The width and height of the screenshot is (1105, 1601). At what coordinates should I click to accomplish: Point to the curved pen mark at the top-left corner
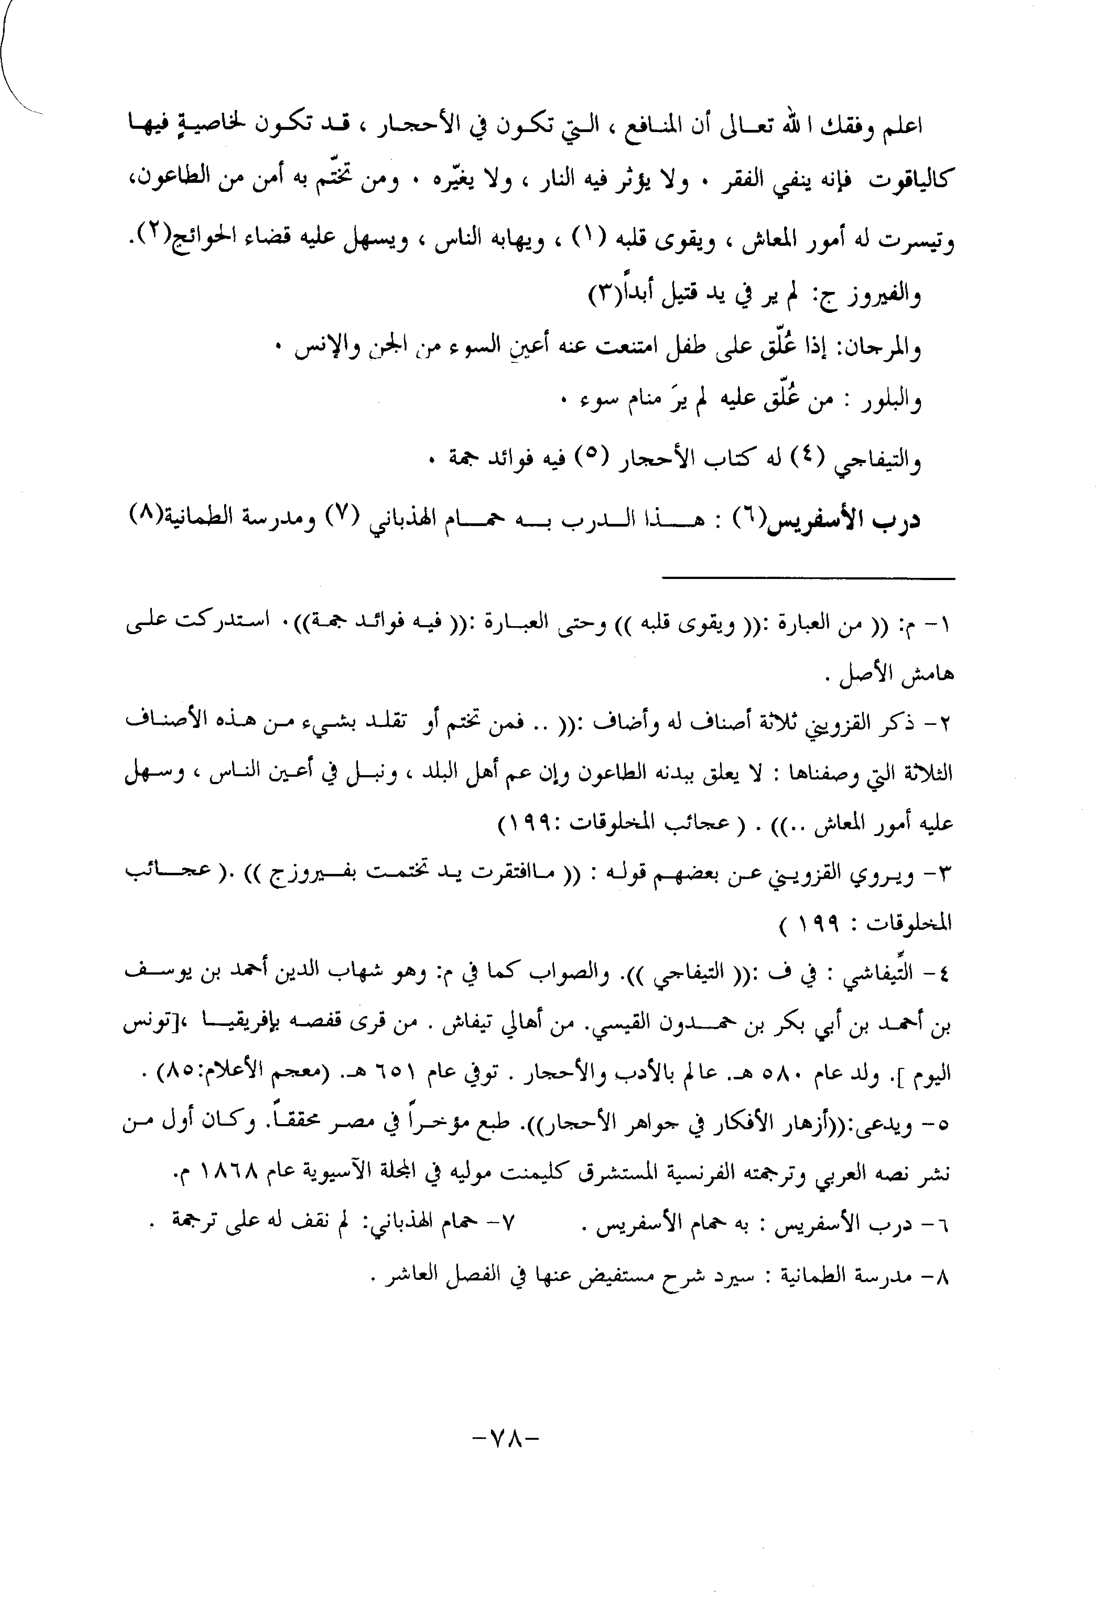[14, 62]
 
